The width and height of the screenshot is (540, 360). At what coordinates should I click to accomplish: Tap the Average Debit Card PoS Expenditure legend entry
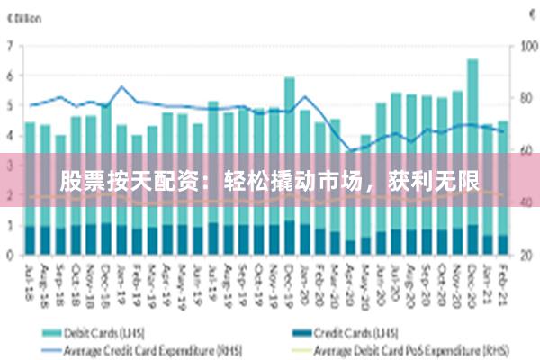coord(405,346)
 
